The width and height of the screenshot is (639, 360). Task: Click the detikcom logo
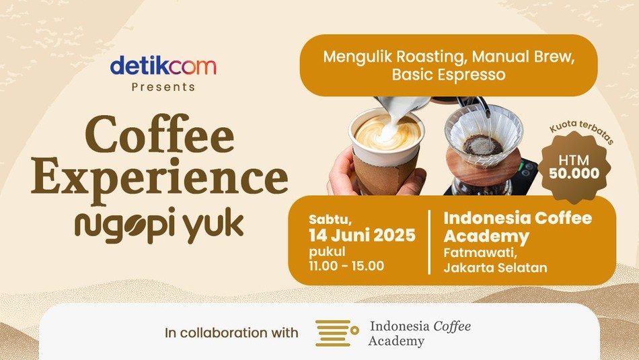pos(163,66)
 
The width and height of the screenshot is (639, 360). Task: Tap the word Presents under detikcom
pos(163,87)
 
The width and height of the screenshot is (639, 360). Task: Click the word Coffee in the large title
pos(160,134)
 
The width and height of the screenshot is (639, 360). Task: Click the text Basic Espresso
pos(449,75)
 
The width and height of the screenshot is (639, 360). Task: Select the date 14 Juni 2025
pos(362,236)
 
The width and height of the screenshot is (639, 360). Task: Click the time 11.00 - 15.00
pos(346,266)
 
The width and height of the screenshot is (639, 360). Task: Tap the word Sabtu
pos(330,220)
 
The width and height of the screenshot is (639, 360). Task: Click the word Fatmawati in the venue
pos(480,253)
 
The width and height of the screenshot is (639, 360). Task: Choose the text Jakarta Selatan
pos(495,268)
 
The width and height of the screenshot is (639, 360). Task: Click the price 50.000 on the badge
pos(574,174)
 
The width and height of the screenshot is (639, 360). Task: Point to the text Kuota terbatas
pos(582,131)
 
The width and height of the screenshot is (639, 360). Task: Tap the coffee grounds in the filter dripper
pos(483,145)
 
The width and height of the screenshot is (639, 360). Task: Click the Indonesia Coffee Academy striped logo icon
pos(337,333)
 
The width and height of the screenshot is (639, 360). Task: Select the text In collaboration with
pos(231,332)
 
